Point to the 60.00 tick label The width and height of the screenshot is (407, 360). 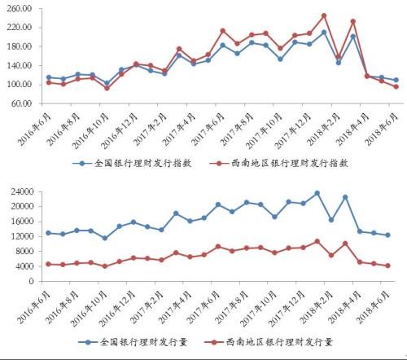point(21,103)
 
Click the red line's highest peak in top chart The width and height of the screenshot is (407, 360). point(323,15)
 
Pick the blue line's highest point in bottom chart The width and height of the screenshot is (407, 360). point(317,193)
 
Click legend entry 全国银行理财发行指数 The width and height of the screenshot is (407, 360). point(123,162)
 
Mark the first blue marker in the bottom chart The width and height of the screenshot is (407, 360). point(48,233)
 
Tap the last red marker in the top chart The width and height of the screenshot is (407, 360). point(396,86)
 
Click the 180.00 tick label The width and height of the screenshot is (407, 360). point(19,46)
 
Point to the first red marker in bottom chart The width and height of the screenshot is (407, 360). point(48,264)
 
